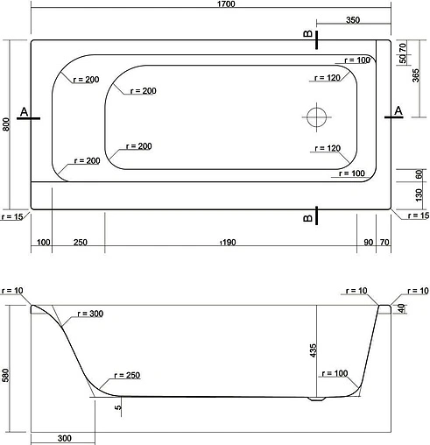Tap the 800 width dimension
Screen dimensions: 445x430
(6, 124)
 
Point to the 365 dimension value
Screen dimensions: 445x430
(415, 76)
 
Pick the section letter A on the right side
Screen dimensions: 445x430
(399, 109)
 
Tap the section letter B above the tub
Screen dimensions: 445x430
(307, 34)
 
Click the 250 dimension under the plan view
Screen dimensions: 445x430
(79, 242)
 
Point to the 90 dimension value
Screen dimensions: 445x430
(368, 242)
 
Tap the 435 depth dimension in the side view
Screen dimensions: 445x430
(313, 350)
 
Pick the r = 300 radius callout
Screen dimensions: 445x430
(90, 314)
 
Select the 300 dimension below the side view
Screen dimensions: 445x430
(65, 438)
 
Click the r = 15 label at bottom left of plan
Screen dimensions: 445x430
(13, 216)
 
